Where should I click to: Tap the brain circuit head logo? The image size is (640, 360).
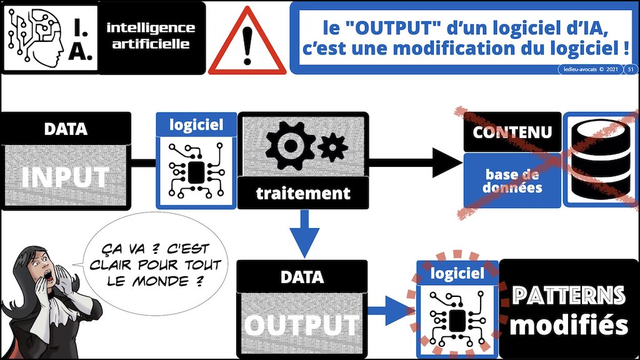tap(36, 37)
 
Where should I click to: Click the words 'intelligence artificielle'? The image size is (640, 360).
tap(151, 36)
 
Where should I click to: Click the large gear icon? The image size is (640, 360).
tap(290, 145)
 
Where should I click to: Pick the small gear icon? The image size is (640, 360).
tap(332, 147)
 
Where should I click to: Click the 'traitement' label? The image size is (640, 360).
tap(303, 193)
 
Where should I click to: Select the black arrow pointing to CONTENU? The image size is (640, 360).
tap(416, 162)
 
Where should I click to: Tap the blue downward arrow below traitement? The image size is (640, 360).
tap(304, 233)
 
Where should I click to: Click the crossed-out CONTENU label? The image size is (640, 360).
tap(512, 132)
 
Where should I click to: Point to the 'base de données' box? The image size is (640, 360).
tap(512, 181)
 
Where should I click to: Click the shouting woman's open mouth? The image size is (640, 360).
tap(49, 277)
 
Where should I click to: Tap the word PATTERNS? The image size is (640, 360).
tap(569, 295)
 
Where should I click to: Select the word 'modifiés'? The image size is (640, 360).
tap(569, 325)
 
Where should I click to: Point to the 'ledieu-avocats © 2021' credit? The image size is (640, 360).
tap(591, 69)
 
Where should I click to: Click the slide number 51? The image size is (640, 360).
tap(631, 69)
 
